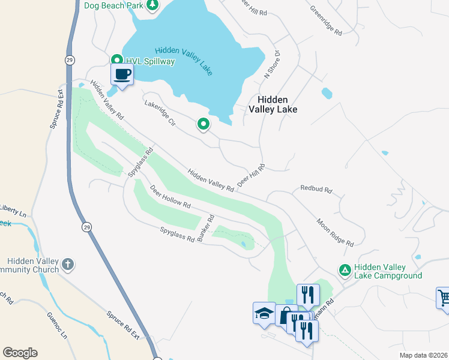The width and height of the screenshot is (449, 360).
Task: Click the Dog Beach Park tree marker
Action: pyautogui.click(x=152, y=6)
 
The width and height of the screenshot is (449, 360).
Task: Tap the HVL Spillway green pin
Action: pyautogui.click(x=117, y=60)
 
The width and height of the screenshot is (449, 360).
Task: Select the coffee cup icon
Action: pyautogui.click(x=122, y=74)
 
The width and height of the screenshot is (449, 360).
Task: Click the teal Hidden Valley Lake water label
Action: pyautogui.click(x=183, y=61)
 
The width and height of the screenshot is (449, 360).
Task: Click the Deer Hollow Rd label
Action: pyautogui.click(x=170, y=197)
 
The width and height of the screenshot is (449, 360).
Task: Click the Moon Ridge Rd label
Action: pyautogui.click(x=335, y=232)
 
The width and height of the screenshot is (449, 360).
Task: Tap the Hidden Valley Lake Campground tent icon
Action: pyautogui.click(x=345, y=271)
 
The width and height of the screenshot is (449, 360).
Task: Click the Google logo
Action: pyautogui.click(x=20, y=353)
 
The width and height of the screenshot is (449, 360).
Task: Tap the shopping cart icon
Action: pyautogui.click(x=444, y=298)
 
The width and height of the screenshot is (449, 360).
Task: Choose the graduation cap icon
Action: pyautogui.click(x=264, y=313)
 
